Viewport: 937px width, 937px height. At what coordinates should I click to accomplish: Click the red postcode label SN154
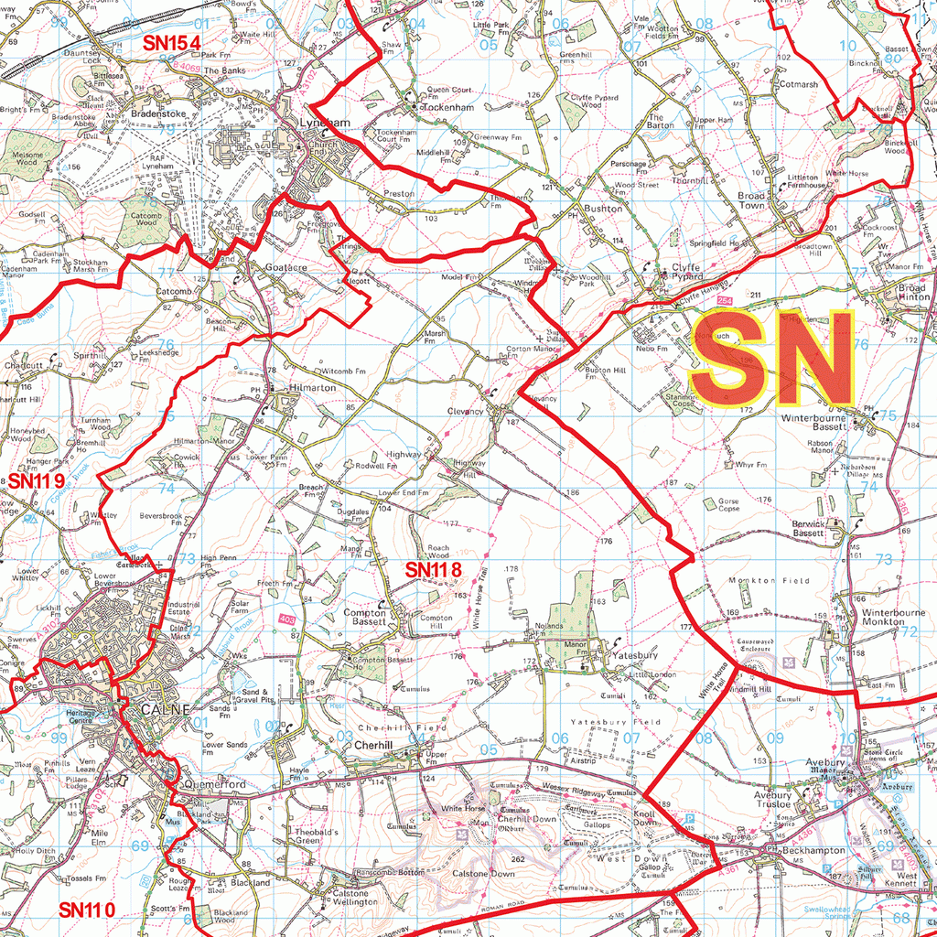(171, 43)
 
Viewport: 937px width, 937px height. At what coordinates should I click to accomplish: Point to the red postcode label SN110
(87, 910)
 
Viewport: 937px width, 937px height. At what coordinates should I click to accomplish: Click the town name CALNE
(165, 710)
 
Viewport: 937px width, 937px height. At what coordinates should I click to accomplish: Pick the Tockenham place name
(447, 107)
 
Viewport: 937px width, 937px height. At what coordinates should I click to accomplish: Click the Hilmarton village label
(312, 388)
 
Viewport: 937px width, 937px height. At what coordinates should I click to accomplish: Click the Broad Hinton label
(906, 292)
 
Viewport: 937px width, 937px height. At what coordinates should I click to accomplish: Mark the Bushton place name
(602, 210)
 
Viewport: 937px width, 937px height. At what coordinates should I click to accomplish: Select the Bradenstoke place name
(158, 114)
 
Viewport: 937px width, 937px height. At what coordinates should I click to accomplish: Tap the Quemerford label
(214, 785)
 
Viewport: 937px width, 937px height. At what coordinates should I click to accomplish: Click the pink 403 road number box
(287, 621)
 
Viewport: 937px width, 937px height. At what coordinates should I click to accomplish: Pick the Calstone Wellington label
(354, 898)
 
